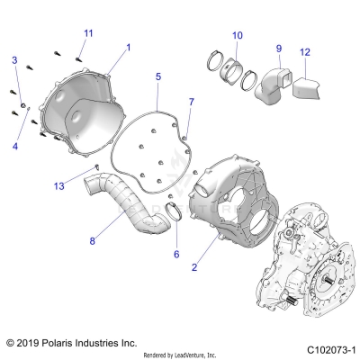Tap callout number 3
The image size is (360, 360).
pyautogui.click(x=14, y=59)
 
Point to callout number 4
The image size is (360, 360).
pyautogui.click(x=14, y=144)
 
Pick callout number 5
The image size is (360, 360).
pyautogui.click(x=157, y=77)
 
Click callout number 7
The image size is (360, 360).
pyautogui.click(x=190, y=102)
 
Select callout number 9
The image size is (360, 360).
pyautogui.click(x=278, y=48)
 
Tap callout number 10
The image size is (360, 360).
pyautogui.click(x=237, y=36)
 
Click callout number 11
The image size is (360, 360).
pyautogui.click(x=87, y=33)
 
